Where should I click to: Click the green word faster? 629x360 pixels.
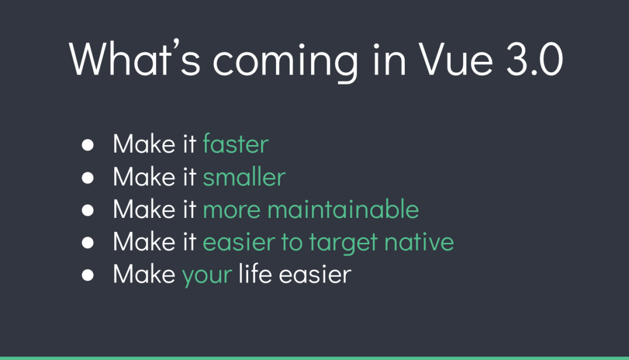coord(235,144)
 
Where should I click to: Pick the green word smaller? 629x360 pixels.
coord(244,177)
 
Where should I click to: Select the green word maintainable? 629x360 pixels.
coord(342,209)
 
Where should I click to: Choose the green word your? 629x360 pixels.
coord(207,275)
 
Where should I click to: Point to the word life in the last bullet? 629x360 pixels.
coord(255,274)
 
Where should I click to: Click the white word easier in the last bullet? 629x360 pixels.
coord(315,274)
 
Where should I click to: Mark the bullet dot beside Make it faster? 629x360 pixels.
coord(87,145)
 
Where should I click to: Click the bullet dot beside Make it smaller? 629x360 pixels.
coord(87,178)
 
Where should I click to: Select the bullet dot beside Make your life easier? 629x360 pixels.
coord(87,275)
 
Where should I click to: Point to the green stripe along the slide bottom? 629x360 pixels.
coord(314,358)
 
